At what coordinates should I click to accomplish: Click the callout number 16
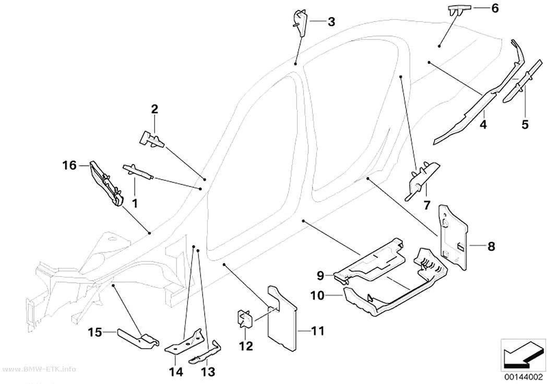click(69, 165)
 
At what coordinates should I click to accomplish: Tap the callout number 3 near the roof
click(331, 22)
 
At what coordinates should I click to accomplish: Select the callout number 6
click(495, 8)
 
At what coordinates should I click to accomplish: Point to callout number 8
click(491, 246)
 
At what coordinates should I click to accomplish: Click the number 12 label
click(246, 346)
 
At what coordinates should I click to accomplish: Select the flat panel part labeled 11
click(282, 318)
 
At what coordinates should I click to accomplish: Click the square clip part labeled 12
click(244, 319)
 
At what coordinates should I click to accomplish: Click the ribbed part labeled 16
click(106, 183)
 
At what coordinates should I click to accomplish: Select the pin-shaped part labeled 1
click(138, 171)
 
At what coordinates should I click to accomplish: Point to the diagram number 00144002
click(523, 377)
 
